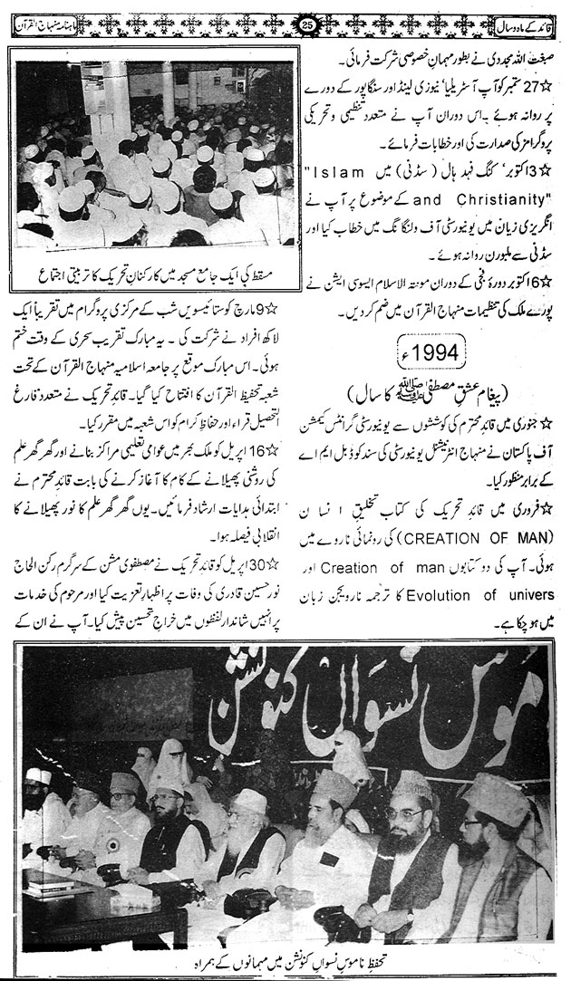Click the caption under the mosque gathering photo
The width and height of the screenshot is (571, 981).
[148, 296]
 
